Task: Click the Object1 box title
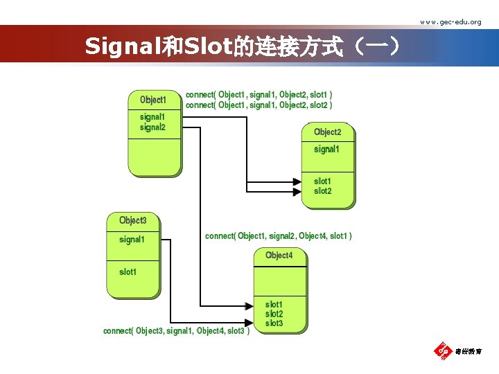click(153, 100)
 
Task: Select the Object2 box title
click(327, 132)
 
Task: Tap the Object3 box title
click(132, 221)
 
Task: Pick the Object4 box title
click(279, 256)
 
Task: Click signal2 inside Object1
click(152, 127)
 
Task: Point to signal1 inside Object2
click(326, 150)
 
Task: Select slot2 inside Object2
click(322, 191)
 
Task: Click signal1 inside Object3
click(132, 240)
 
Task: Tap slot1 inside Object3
click(128, 272)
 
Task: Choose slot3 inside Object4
click(274, 323)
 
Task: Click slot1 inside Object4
click(274, 305)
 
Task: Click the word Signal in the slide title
click(122, 47)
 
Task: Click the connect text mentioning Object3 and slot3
click(176, 331)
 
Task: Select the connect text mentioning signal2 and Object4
click(278, 236)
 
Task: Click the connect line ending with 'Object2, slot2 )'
click(259, 105)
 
